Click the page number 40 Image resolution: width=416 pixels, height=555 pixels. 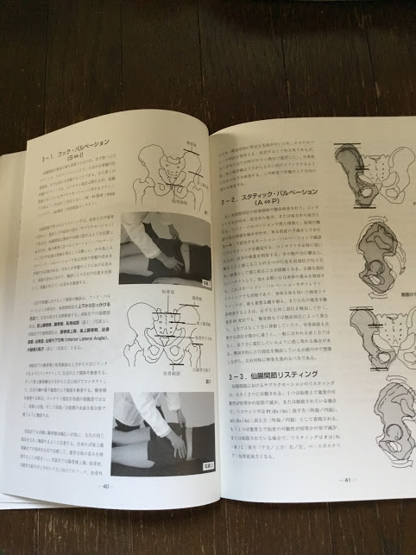(106, 485)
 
